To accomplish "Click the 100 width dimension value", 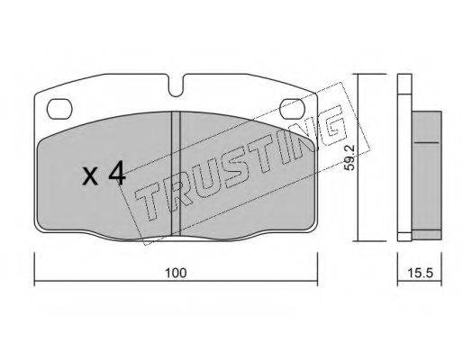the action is click(x=177, y=273).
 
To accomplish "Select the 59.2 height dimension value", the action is click(x=350, y=157).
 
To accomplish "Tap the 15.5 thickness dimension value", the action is click(x=420, y=273).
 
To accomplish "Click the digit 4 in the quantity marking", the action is click(x=117, y=173).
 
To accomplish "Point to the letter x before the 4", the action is click(x=90, y=176).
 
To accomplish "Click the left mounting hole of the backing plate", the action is click(x=59, y=109).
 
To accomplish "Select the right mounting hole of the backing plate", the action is click(x=292, y=109).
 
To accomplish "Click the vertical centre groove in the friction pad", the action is click(x=176, y=174).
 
